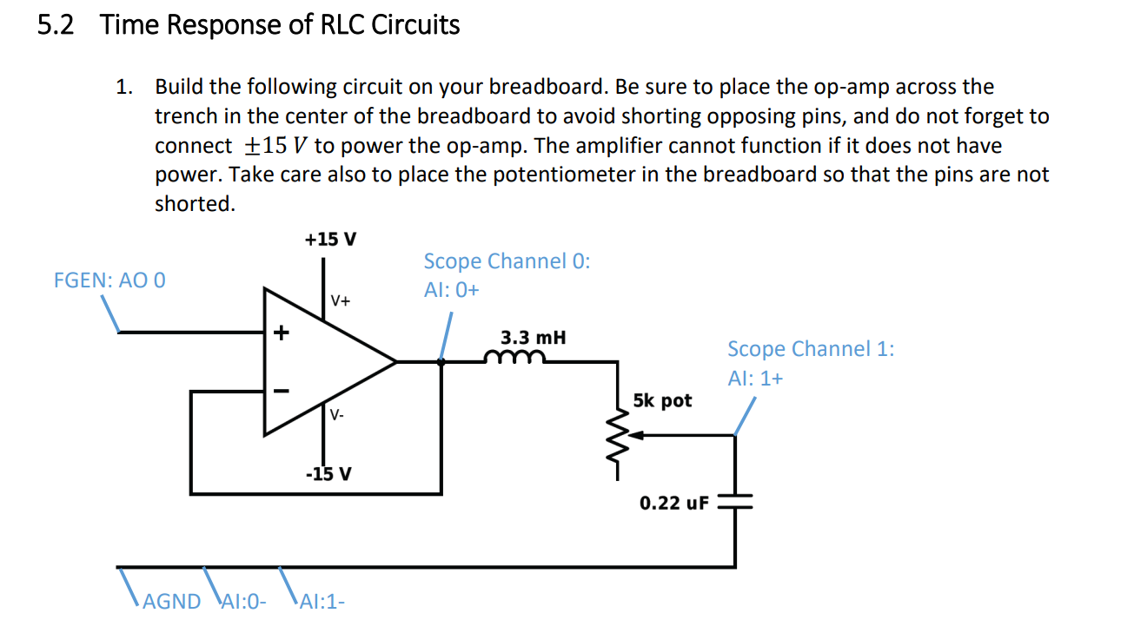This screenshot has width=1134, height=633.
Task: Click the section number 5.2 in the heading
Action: tap(56, 26)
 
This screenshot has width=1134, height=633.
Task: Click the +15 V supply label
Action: tap(329, 239)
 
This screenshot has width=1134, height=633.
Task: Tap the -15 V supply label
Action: tap(328, 474)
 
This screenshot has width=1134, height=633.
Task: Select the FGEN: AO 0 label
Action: tap(109, 280)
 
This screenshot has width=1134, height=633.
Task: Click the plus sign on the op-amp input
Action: tap(280, 332)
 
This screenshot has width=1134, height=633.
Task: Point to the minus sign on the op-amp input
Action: tap(280, 391)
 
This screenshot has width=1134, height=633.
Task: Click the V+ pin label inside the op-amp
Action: tap(340, 301)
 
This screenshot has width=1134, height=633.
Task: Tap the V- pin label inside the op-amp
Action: tap(337, 415)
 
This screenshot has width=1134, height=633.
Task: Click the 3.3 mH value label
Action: tap(533, 337)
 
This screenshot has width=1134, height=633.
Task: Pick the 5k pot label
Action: tap(662, 400)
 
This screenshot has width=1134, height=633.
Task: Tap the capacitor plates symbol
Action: tap(735, 503)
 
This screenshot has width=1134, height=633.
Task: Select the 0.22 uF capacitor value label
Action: tap(674, 503)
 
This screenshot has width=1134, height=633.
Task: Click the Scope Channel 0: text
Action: tap(507, 261)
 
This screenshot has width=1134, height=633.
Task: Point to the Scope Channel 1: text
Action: tap(811, 349)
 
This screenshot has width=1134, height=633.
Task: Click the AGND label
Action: tap(171, 602)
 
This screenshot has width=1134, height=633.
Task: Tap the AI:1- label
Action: tap(321, 602)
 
